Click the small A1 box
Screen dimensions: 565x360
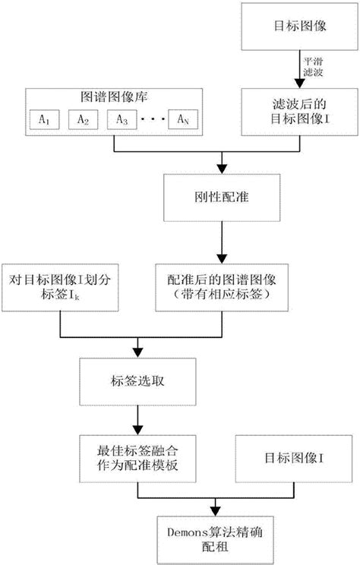(41, 119)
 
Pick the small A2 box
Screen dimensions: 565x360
(82, 119)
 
